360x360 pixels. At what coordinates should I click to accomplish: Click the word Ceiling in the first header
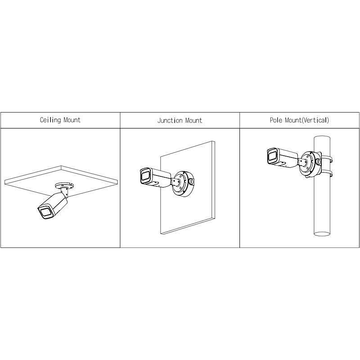point(50,120)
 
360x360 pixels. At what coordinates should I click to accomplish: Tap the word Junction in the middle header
point(169,121)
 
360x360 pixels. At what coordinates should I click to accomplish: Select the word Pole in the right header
point(276,121)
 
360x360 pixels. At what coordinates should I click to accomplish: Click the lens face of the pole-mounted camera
point(272,156)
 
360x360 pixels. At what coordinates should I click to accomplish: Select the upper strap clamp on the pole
point(328,158)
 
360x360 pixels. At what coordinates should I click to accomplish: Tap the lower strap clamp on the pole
point(328,173)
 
